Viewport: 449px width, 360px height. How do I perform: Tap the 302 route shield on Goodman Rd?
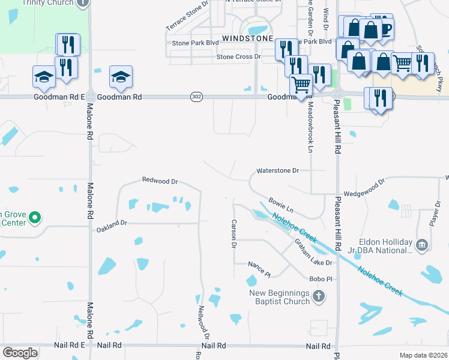(x=196, y=96)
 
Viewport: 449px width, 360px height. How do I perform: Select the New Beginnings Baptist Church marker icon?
(x=319, y=296)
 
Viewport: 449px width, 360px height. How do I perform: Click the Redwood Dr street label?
(x=160, y=180)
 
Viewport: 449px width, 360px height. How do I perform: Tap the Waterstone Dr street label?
(x=277, y=171)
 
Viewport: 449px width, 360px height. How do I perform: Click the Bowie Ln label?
(x=281, y=206)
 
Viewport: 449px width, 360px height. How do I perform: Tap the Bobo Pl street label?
(x=321, y=279)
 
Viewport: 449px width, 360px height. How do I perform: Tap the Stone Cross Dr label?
(x=239, y=57)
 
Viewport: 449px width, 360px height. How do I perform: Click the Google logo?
(x=20, y=353)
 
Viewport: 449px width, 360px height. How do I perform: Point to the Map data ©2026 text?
(x=423, y=355)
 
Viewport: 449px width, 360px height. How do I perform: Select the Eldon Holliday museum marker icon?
(x=421, y=244)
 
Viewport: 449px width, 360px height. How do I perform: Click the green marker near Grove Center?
(x=35, y=217)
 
